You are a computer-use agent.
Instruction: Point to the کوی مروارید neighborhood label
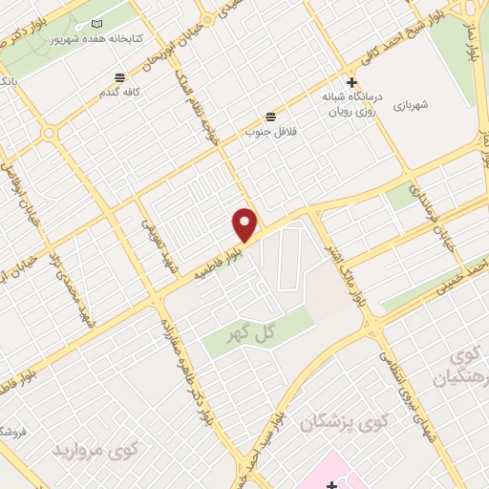pyautogui.click(x=96, y=448)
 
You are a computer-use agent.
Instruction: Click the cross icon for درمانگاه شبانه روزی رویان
pyautogui.click(x=352, y=83)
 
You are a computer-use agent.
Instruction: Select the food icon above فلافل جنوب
pyautogui.click(x=272, y=115)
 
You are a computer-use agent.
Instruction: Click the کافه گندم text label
pyautogui.click(x=120, y=92)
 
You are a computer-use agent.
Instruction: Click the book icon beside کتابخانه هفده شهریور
pyautogui.click(x=96, y=23)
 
